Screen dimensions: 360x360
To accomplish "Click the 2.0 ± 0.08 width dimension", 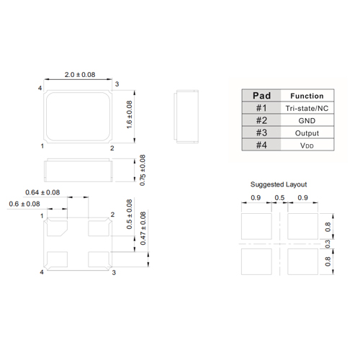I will [79, 75].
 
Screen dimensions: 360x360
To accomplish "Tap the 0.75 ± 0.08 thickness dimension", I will [142, 171].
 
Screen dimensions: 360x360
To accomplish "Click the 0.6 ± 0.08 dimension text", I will [25, 204].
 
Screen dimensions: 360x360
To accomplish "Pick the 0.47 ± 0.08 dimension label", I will [142, 229].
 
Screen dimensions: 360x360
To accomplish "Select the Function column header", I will [306, 96].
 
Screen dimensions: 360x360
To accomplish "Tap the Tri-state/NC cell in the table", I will [306, 108].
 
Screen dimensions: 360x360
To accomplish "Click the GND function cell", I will [306, 120].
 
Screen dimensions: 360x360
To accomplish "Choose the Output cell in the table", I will [306, 133].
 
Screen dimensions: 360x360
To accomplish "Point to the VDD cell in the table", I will [306, 145].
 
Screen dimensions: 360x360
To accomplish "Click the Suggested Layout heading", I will [273, 184].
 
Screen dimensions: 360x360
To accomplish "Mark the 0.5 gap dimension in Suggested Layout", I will [279, 198].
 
